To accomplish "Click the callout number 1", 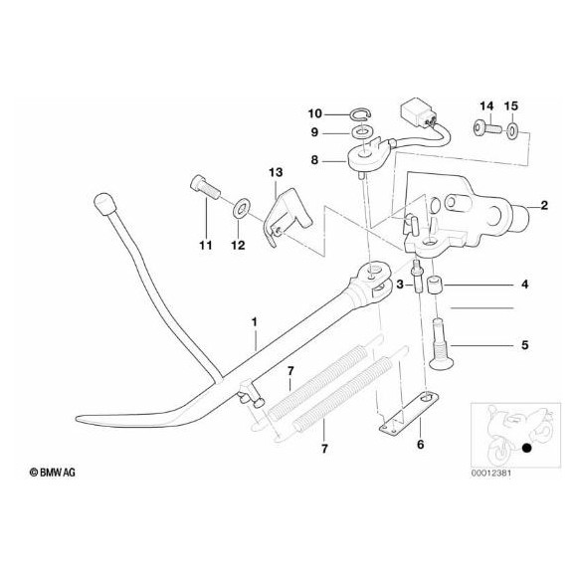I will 254,322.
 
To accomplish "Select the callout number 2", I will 544,206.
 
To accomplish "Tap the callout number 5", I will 525,346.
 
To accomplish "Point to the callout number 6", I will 421,444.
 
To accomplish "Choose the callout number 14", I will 486,105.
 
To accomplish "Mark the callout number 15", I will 512,105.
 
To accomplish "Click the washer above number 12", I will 240,210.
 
